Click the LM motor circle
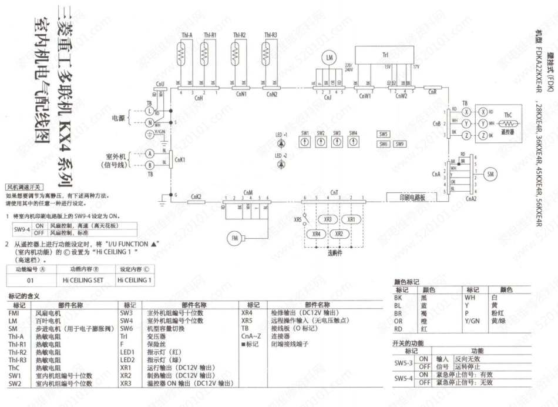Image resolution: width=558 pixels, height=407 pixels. click(x=330, y=57)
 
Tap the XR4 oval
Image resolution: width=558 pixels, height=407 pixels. click(x=318, y=233)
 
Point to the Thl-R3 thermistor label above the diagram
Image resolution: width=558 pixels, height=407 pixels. click(x=271, y=35)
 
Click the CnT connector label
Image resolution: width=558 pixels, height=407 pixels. click(x=334, y=192)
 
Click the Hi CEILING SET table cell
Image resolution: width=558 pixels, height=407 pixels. click(x=83, y=281)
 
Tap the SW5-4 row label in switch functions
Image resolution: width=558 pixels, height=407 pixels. click(x=405, y=379)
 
